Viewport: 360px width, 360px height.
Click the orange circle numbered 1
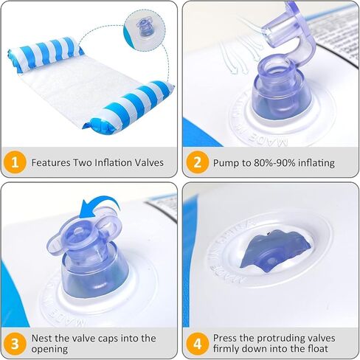tap(15, 162)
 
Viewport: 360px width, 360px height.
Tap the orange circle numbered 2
tap(198, 162)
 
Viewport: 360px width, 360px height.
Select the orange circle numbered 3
tap(15, 344)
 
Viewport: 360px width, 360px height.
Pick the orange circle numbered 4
tap(198, 344)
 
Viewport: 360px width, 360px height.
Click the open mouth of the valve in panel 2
tap(277, 65)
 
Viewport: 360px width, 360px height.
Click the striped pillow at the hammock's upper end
tap(46, 53)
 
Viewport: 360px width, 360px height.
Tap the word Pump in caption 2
tap(224, 163)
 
